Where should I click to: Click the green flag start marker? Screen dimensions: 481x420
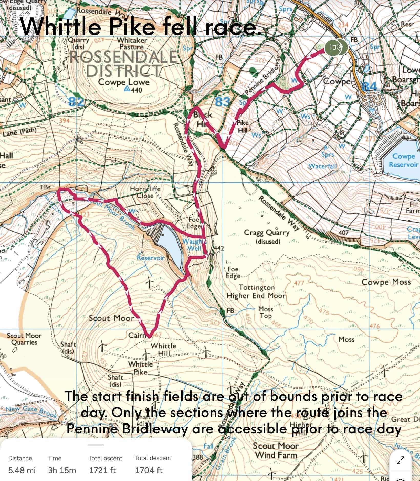pos(333,47)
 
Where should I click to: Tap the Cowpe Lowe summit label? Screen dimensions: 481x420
pos(124,82)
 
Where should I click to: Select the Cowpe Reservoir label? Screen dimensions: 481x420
pos(404,160)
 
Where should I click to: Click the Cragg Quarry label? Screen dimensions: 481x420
pos(266,233)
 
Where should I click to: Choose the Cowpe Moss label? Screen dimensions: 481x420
pos(386,282)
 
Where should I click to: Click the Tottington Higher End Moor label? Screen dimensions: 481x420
pos(256,291)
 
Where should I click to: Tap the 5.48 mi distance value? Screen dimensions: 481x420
pos(22,470)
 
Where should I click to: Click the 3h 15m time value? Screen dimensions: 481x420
pos(62,470)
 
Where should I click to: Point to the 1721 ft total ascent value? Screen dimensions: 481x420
pos(102,470)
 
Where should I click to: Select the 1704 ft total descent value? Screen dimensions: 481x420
pos(149,470)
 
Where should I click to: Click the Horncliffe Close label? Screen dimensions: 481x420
pos(145,192)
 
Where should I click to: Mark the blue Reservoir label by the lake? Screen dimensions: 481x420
pos(150,258)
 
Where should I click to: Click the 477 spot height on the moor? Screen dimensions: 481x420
pos(299,283)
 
